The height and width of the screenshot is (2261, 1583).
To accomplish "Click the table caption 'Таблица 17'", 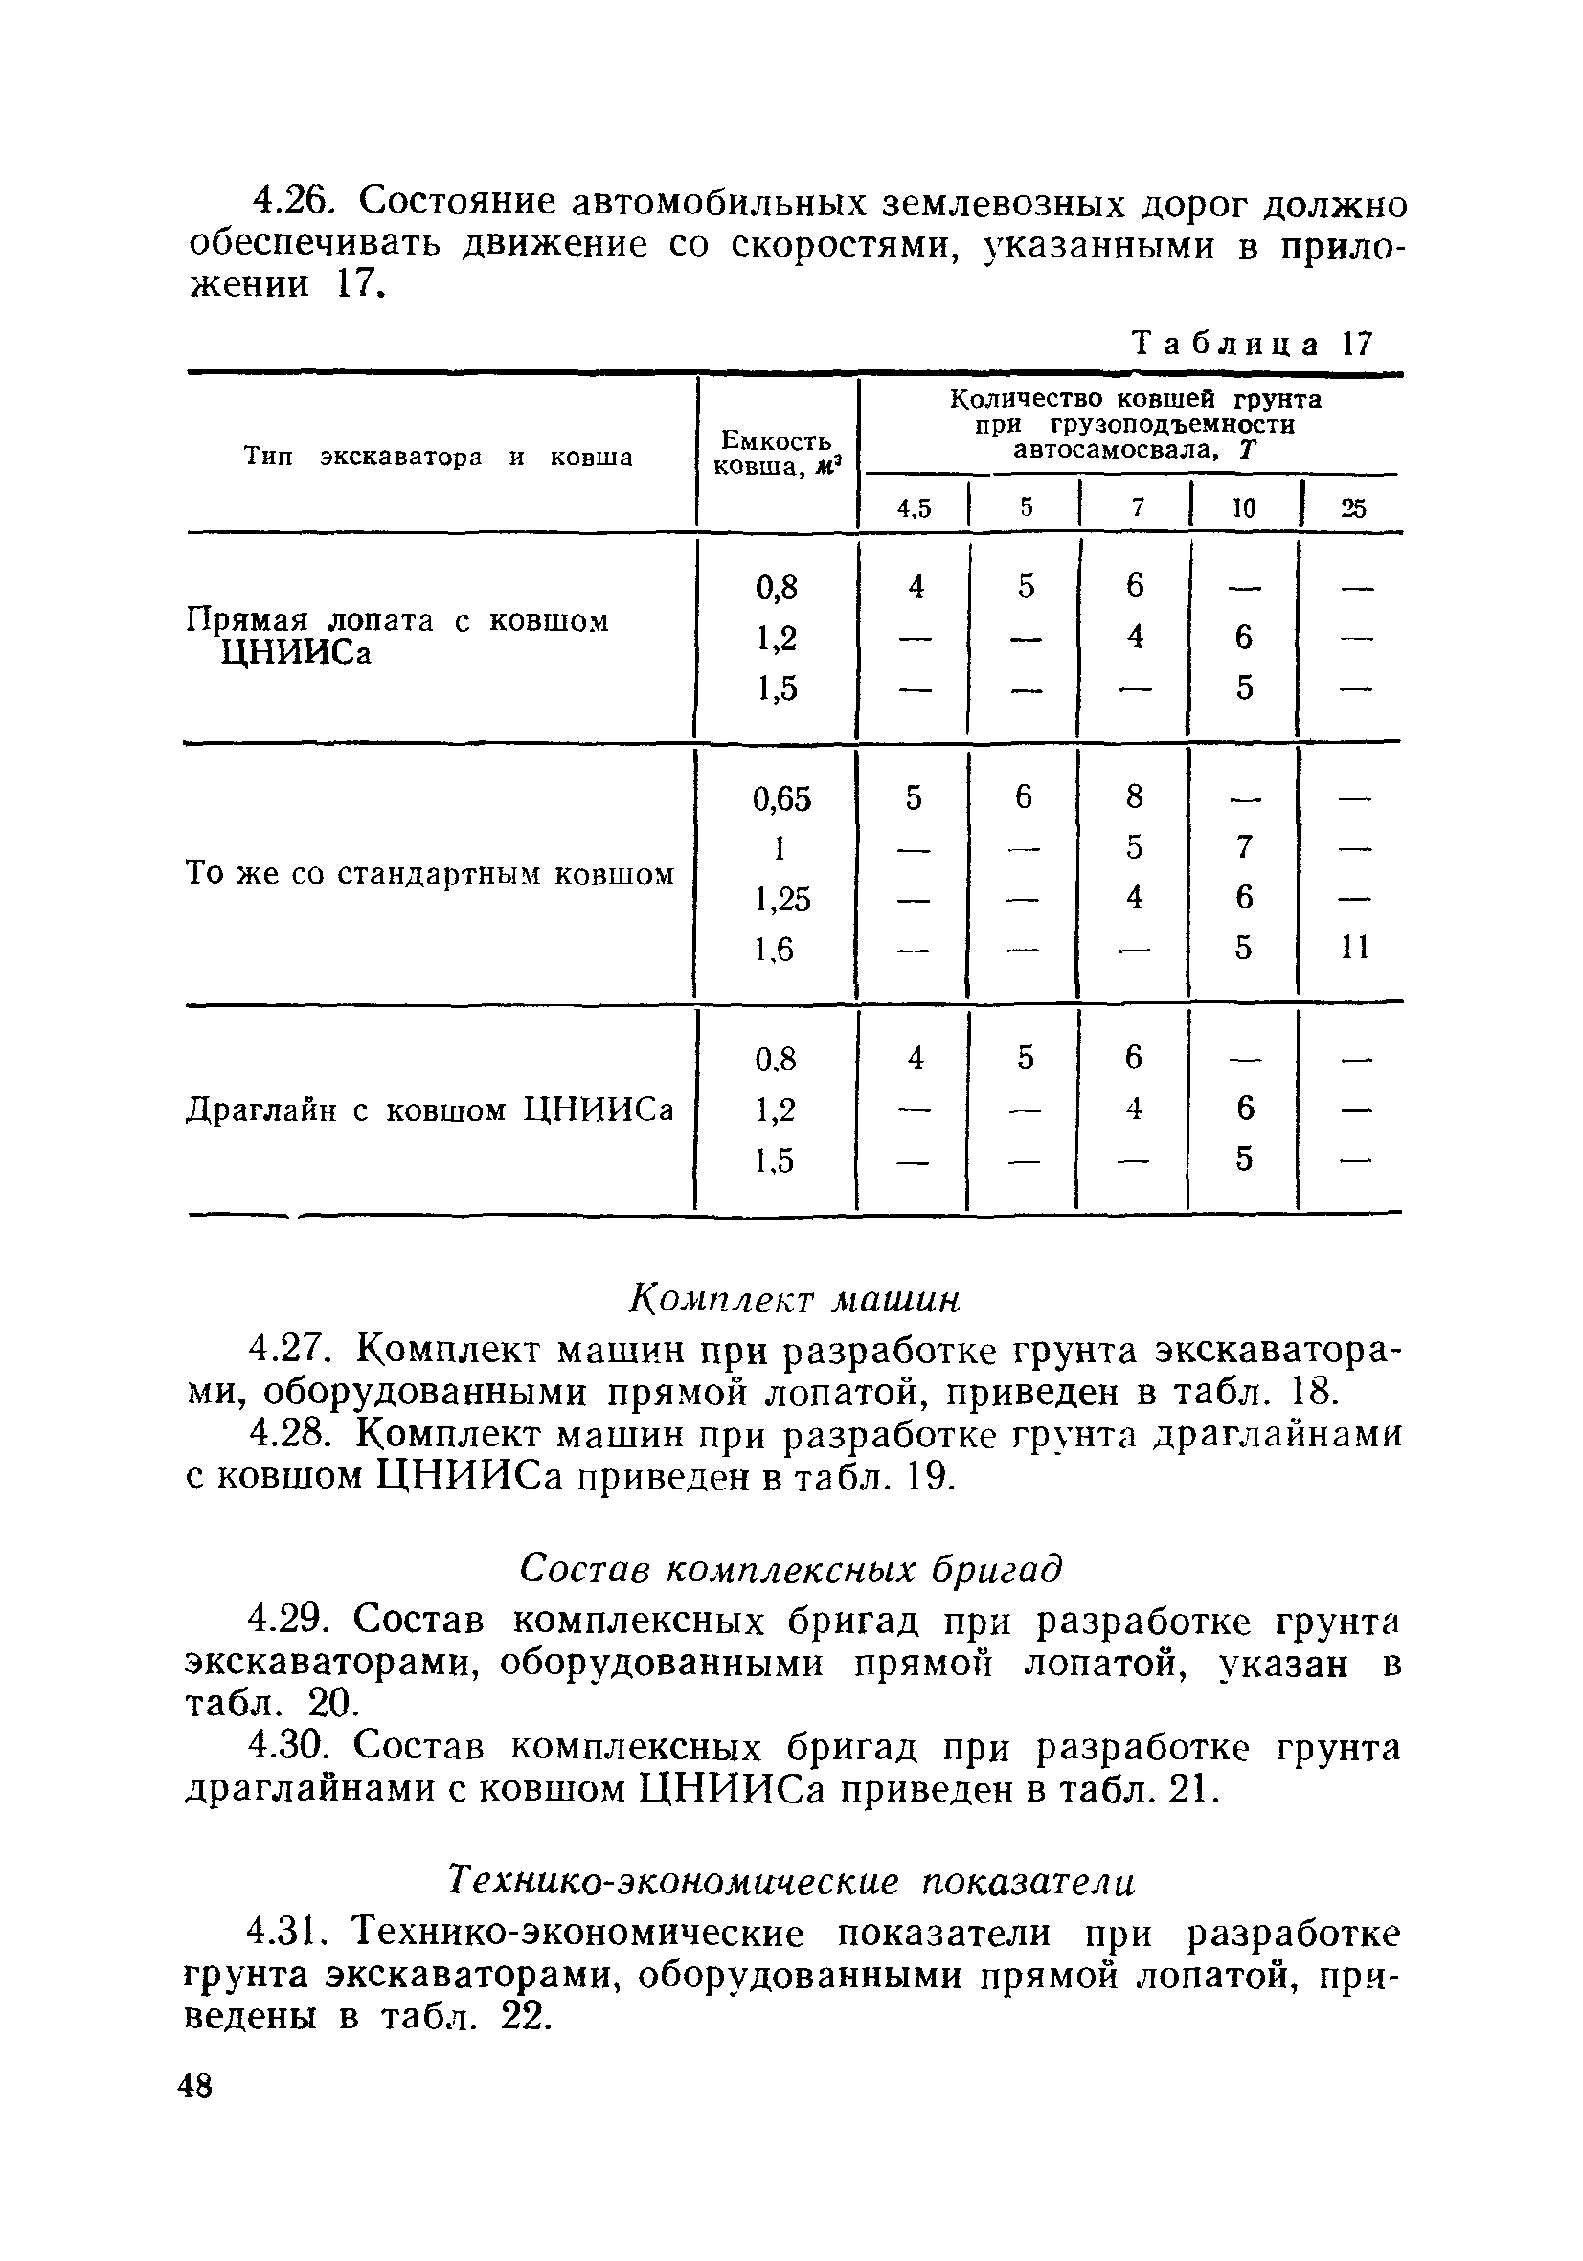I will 1252,344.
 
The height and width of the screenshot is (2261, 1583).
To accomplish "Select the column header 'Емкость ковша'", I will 776,453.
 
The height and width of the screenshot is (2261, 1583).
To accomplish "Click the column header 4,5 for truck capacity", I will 914,508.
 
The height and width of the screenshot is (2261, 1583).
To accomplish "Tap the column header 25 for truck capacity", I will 1353,508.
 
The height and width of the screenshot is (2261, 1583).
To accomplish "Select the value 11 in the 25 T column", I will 1355,948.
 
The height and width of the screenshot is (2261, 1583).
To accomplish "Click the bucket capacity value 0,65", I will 781,798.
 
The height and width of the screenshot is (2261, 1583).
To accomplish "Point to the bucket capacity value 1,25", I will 781,899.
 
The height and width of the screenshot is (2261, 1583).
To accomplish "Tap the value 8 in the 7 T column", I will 1135,795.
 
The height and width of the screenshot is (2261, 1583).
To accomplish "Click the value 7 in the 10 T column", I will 1244,847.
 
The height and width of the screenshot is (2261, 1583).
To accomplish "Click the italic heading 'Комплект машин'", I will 793,1301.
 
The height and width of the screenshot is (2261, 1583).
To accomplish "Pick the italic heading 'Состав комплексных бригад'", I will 791,1570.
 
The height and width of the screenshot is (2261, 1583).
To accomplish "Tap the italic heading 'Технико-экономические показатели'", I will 791,1881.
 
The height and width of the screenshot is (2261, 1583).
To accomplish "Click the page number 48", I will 195,2086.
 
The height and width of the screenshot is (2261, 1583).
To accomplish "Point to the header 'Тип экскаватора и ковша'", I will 439,457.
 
